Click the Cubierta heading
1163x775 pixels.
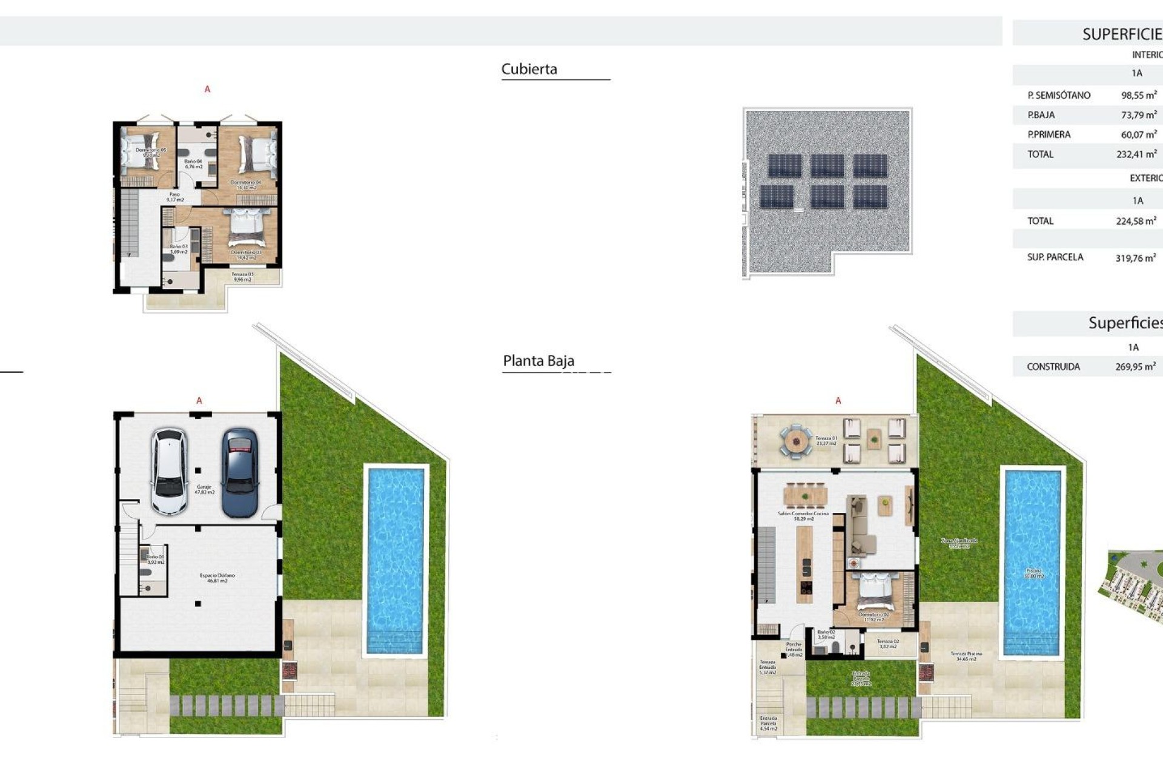(529, 69)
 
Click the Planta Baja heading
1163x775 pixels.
(538, 361)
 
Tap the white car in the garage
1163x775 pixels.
(169, 471)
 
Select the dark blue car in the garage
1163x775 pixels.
(240, 472)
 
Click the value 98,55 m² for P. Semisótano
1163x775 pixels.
(1138, 95)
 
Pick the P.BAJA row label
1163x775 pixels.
(1041, 115)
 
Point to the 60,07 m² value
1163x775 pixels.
(1138, 134)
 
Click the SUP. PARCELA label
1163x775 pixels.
(1055, 257)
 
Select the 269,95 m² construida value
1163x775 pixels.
(1135, 366)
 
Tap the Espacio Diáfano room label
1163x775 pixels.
(217, 578)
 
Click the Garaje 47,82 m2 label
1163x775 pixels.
(204, 489)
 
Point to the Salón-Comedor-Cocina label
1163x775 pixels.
(803, 516)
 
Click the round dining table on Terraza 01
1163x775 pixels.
(795, 441)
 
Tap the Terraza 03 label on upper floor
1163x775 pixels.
(242, 277)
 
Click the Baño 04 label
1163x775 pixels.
(193, 163)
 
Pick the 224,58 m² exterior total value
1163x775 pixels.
(1136, 221)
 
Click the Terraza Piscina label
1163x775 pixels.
(966, 656)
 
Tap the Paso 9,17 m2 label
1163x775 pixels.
(174, 197)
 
